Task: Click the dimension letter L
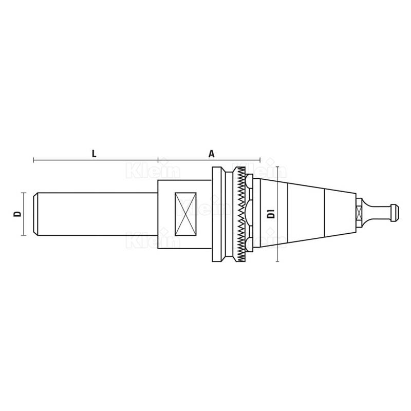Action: coord(94,154)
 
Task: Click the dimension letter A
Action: coord(211,154)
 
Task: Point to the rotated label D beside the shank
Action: coord(17,214)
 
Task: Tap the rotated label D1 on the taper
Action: coord(271,214)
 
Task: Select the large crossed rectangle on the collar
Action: coord(185,214)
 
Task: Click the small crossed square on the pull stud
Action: coord(359,214)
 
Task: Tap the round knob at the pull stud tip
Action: coord(395,213)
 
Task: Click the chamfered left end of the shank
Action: coord(36,214)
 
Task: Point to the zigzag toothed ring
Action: coord(240,214)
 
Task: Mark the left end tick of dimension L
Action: coord(33,160)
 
